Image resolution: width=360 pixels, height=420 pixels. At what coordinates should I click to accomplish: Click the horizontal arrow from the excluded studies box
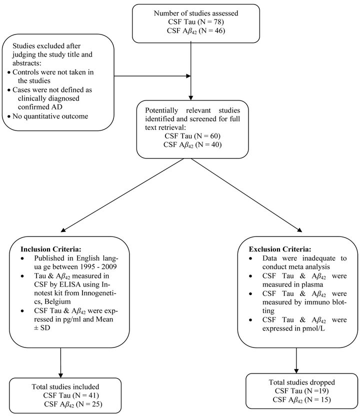(x=152, y=76)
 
